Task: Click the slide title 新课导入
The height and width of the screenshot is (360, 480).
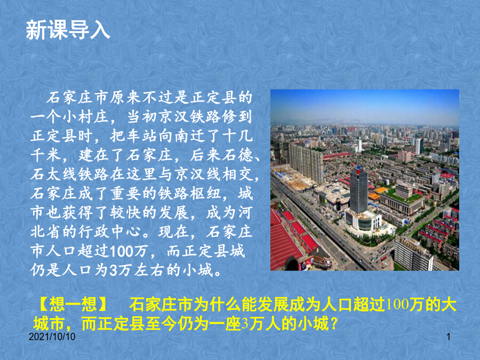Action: [68, 30]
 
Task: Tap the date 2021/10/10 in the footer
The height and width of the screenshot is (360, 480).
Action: [52, 337]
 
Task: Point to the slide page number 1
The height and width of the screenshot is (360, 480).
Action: [449, 337]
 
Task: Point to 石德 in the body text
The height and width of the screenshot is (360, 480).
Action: [237, 155]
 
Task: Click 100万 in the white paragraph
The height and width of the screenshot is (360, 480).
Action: [129, 251]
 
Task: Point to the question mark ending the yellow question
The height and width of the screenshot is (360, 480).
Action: [334, 324]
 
